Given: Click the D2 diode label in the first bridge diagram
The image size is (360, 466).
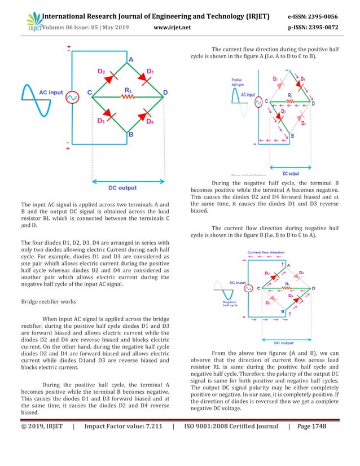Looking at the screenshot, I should click(102, 72).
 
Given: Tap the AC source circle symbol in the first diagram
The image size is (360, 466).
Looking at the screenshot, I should click(73, 97).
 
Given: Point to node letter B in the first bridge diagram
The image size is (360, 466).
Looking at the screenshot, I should click(130, 135).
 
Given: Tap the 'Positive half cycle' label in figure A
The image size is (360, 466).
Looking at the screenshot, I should click(236, 83).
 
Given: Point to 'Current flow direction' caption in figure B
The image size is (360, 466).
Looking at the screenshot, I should click(266, 253).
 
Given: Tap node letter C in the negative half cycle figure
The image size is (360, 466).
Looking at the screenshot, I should click(258, 288).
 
